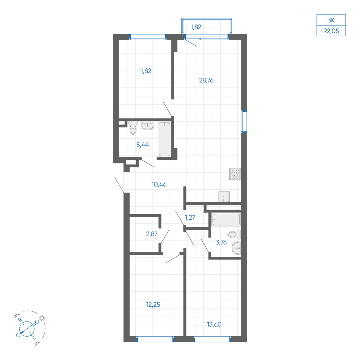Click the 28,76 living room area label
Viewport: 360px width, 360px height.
(x=206, y=80)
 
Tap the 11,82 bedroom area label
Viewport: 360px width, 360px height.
(x=145, y=71)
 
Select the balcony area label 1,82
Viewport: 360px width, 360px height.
(x=196, y=27)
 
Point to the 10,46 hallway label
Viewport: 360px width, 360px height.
(x=159, y=184)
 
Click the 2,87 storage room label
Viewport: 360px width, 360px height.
(x=152, y=234)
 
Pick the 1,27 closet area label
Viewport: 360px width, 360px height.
(x=190, y=217)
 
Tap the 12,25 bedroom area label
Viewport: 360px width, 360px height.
(x=153, y=305)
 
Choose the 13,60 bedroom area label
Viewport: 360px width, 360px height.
(x=214, y=324)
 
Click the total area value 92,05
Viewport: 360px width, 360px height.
(x=331, y=31)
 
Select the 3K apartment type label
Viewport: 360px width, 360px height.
(x=331, y=20)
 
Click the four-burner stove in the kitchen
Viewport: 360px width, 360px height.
(x=235, y=174)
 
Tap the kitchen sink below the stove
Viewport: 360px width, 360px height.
(x=224, y=197)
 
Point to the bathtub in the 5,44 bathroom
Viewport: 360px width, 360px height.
(x=165, y=139)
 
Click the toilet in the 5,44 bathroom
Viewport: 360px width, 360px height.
(x=133, y=128)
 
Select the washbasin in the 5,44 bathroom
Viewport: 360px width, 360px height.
(x=147, y=126)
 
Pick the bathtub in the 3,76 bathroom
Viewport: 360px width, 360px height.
(x=226, y=220)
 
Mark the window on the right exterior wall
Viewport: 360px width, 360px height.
(x=244, y=122)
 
